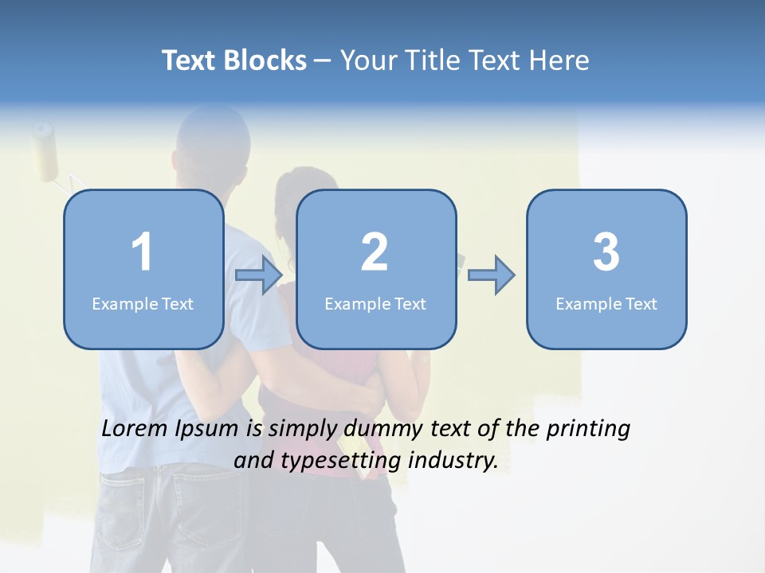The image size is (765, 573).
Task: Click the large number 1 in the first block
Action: [x=142, y=252]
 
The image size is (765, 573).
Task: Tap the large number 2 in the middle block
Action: [x=375, y=252]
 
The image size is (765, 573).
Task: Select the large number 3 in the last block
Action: [x=606, y=252]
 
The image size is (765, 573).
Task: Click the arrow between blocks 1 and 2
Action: [x=260, y=275]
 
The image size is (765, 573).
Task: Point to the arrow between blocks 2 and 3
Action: [x=492, y=275]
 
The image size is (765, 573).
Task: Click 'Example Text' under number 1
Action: [x=143, y=304]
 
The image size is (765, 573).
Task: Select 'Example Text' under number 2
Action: [x=375, y=304]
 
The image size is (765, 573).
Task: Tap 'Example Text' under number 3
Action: [x=606, y=304]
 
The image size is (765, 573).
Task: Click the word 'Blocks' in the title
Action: [x=265, y=60]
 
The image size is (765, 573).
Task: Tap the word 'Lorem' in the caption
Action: [x=135, y=428]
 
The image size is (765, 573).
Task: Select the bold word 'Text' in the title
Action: [x=189, y=60]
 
